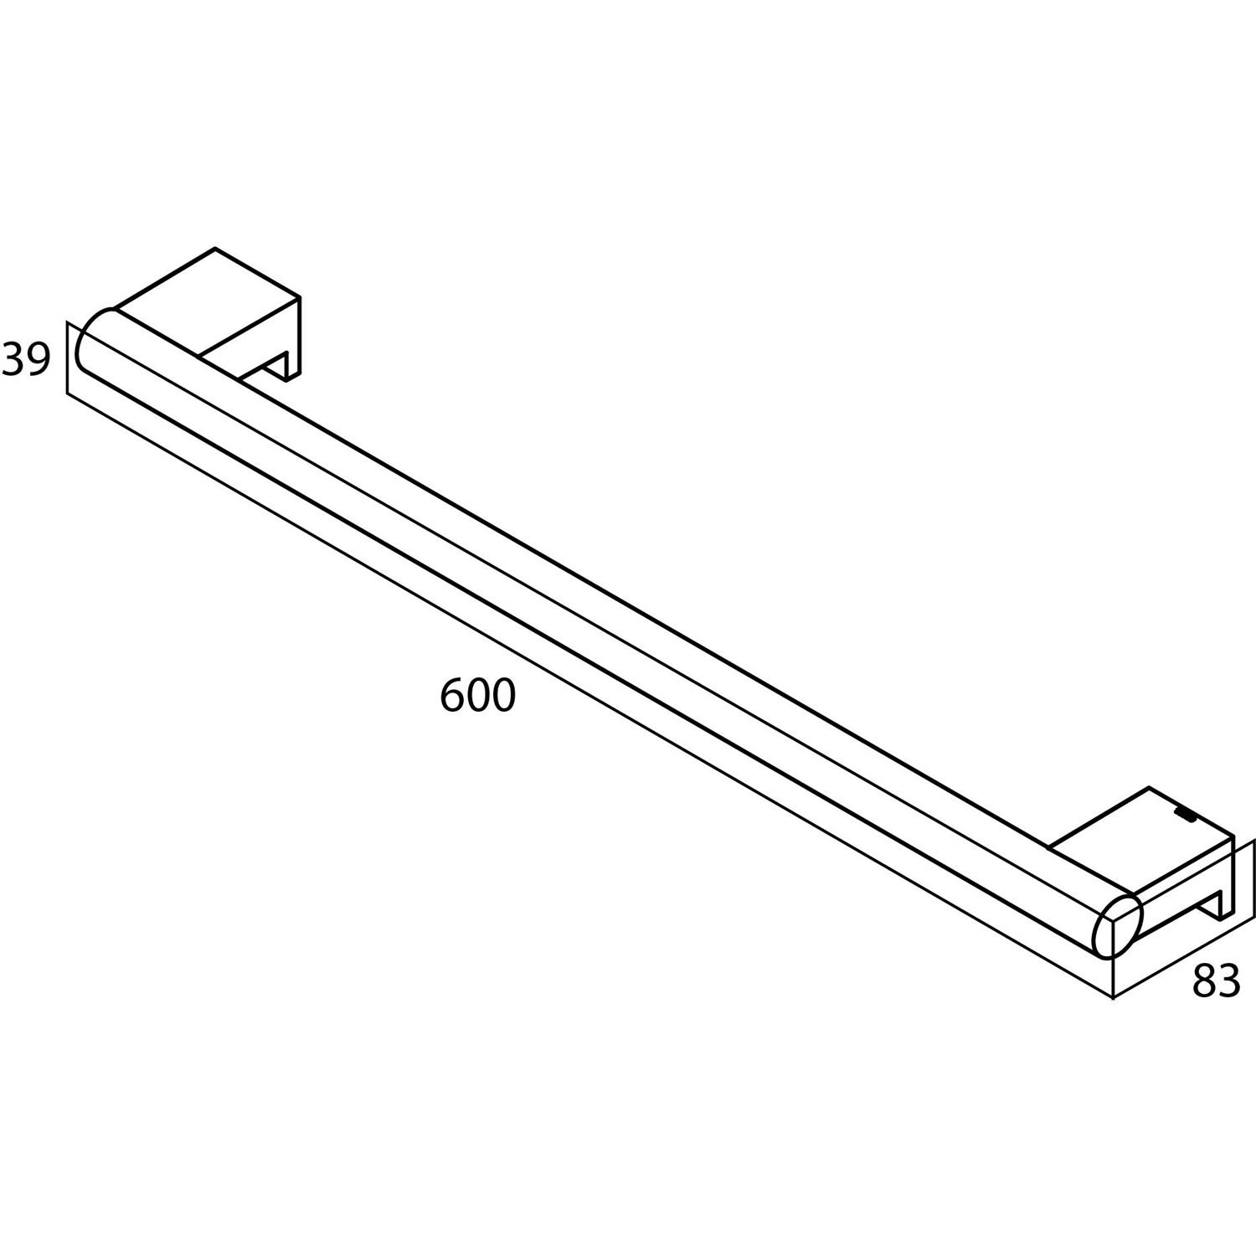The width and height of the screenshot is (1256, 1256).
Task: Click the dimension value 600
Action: [477, 696]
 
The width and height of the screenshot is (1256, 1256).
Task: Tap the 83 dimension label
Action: [1216, 981]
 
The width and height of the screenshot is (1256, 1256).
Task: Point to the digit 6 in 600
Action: [453, 696]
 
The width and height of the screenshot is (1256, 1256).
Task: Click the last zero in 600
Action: [502, 696]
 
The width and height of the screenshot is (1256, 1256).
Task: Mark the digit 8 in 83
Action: [1204, 981]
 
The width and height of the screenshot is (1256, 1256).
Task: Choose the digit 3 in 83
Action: [1228, 981]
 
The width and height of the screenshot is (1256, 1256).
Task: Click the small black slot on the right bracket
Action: [1186, 811]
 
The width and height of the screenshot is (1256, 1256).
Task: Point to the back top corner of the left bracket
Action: [216, 248]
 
